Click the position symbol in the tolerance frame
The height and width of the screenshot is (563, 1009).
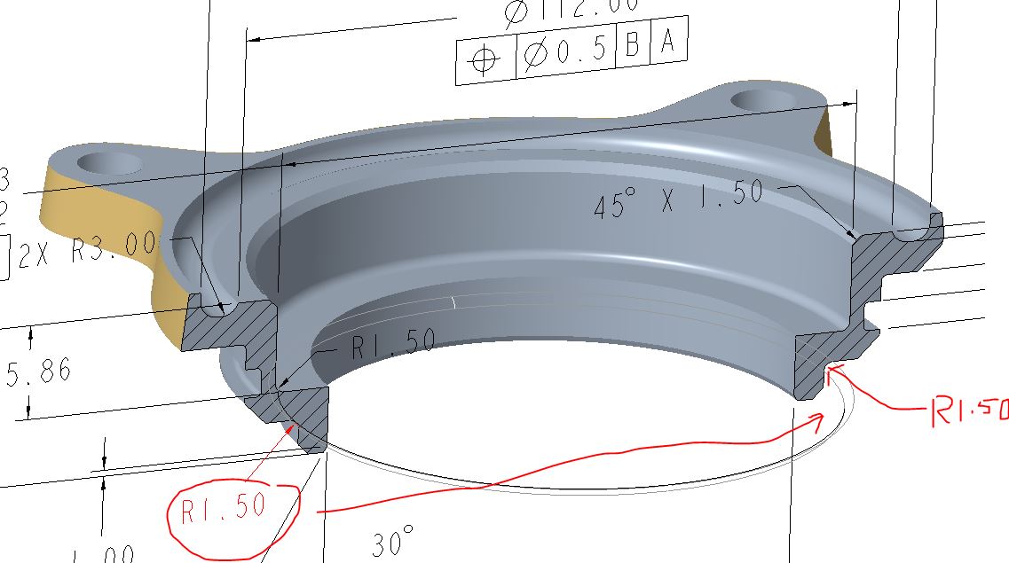tap(485, 60)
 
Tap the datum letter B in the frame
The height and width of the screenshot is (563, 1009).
tap(632, 46)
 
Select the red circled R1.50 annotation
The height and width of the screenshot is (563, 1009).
tap(223, 509)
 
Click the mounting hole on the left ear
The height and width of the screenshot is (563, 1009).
tap(110, 163)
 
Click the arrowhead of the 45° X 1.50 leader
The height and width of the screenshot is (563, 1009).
tap(854, 237)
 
